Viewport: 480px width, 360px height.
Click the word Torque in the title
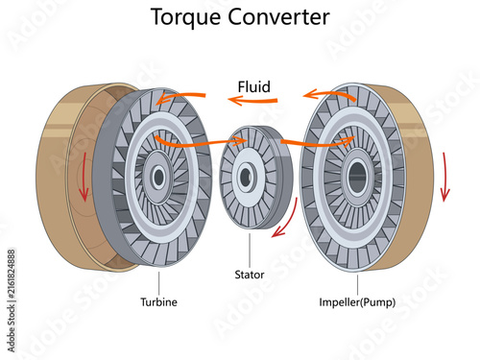click(185, 17)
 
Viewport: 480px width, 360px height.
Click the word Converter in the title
click(278, 16)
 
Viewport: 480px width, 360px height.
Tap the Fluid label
click(254, 86)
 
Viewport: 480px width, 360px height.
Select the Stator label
click(250, 275)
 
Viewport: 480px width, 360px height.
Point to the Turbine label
click(158, 301)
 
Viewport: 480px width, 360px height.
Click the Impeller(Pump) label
click(357, 302)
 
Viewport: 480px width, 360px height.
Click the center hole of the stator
click(246, 177)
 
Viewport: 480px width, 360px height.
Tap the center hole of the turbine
click(158, 177)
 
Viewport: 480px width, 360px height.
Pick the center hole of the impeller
click(357, 177)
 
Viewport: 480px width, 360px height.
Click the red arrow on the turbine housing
click(84, 177)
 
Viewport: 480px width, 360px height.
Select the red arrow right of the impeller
click(444, 177)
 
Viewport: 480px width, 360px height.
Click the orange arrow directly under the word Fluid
click(252, 101)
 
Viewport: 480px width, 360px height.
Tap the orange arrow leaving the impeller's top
click(329, 93)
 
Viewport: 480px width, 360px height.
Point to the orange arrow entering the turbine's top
click(181, 97)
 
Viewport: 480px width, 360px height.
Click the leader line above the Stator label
click(250, 251)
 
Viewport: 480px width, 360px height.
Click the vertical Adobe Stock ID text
click(12, 300)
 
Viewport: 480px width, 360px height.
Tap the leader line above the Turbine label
click(158, 283)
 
